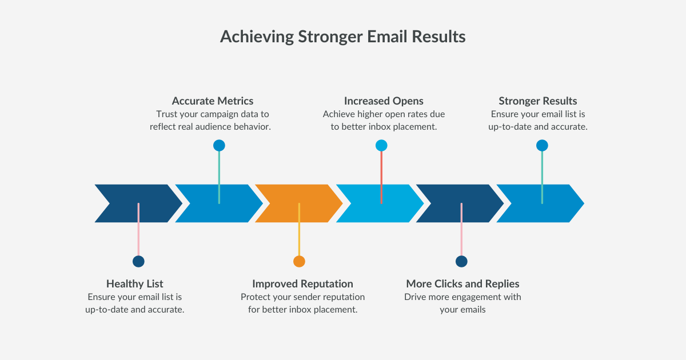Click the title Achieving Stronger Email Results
(x=342, y=37)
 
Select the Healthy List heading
(x=135, y=284)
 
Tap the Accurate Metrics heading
(x=212, y=101)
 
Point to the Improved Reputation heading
(x=302, y=284)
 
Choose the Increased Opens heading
(x=384, y=101)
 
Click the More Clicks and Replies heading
(x=462, y=284)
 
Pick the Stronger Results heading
(x=537, y=101)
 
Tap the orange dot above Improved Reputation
(x=299, y=261)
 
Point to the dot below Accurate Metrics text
(x=219, y=145)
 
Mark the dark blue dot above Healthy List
(x=138, y=261)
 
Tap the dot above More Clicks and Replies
(x=461, y=261)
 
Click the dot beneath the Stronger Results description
(x=542, y=145)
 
